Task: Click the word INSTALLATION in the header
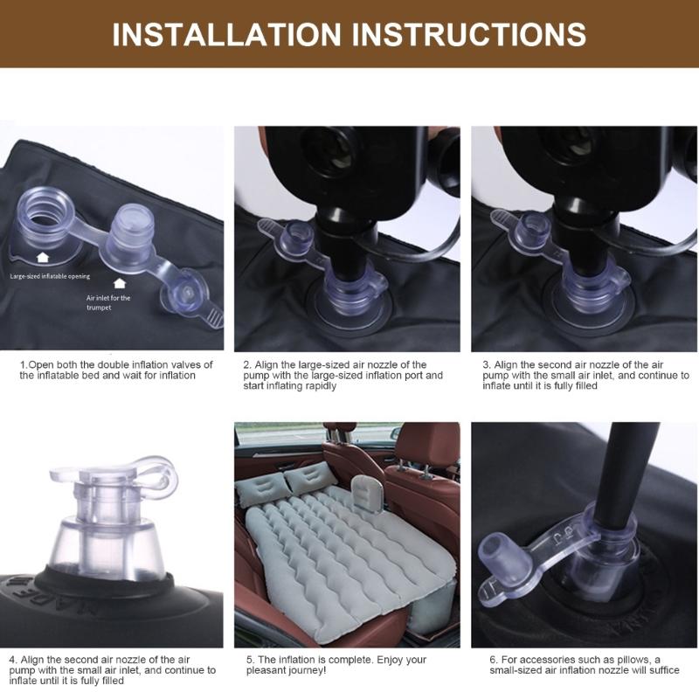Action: (226, 34)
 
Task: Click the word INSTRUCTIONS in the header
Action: (469, 34)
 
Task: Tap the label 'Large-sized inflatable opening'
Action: (50, 276)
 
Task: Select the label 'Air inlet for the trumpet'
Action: (107, 302)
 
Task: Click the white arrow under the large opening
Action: (42, 257)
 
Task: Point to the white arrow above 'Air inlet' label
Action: (119, 283)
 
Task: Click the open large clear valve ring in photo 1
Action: (43, 215)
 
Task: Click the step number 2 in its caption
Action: (246, 364)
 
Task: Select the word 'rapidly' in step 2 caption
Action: (321, 385)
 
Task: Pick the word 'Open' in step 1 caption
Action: (38, 364)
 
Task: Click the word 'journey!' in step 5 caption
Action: (309, 670)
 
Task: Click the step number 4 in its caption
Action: (12, 660)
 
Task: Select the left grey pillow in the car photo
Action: (261, 488)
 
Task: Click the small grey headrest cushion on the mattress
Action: (367, 494)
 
